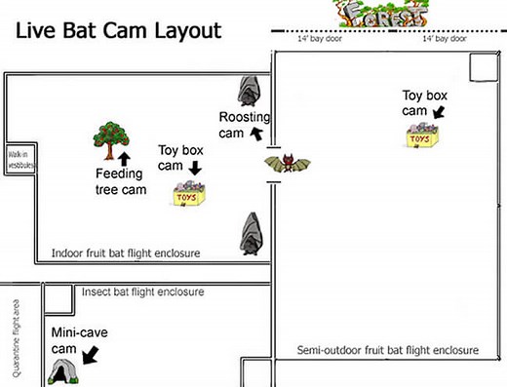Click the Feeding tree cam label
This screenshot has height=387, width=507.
point(121,181)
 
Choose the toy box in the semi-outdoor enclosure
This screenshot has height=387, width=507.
point(421,138)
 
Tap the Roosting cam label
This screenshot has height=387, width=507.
point(237,124)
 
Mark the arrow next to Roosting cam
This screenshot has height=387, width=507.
point(257,133)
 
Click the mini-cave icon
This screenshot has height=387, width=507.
point(65,370)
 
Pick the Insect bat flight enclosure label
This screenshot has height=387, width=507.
point(142,290)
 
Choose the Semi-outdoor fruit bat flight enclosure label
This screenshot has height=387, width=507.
point(387,350)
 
